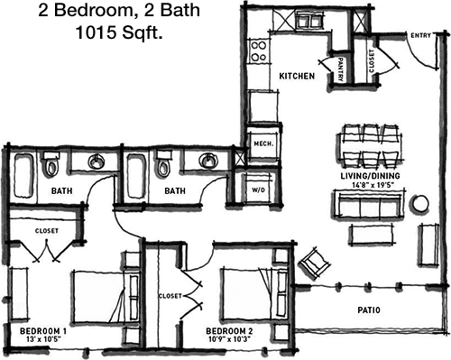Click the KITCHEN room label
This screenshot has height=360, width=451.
297,76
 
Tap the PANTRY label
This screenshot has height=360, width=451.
340,69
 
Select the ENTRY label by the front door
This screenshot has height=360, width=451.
420,35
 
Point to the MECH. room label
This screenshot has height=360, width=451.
263,143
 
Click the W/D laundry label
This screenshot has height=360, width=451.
258,190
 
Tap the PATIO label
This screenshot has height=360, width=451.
369,309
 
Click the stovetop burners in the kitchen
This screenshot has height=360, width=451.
259,51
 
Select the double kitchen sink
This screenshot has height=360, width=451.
308,21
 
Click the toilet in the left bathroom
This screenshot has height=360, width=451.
51,164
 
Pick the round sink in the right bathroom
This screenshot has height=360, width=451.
207,160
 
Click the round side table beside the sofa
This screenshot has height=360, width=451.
420,204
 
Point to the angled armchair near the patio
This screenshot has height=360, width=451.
314,261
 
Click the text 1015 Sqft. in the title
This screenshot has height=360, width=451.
119,32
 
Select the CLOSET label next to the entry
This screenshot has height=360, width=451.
372,60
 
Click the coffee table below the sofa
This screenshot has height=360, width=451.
371,235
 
